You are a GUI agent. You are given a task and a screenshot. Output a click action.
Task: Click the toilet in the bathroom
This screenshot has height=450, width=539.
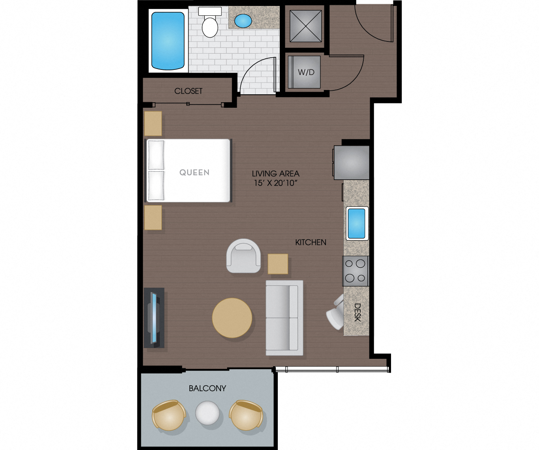[x=210, y=24]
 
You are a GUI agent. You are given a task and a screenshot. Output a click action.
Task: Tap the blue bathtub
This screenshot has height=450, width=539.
[x=168, y=41]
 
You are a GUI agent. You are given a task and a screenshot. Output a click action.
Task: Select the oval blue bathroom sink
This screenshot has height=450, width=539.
[x=243, y=21]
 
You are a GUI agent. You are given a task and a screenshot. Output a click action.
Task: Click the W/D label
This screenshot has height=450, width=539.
[x=306, y=72]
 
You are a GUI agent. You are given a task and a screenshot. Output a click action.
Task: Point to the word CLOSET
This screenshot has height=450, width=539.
[x=188, y=91]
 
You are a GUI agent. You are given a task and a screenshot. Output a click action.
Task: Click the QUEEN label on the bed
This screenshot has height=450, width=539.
[x=194, y=172]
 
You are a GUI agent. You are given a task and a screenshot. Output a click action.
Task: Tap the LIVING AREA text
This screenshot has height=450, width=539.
[x=275, y=173]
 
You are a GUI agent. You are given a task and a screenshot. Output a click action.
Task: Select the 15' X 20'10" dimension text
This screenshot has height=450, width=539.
[x=275, y=183]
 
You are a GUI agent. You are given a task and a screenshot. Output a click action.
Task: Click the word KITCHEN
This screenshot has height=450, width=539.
[x=311, y=242]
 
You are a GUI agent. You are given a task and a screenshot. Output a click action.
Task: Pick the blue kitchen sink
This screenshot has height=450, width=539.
[x=357, y=223]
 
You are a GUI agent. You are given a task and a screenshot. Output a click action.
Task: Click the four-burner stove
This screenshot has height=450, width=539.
[x=355, y=271]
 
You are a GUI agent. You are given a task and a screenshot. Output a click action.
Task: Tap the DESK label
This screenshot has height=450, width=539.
[x=357, y=312]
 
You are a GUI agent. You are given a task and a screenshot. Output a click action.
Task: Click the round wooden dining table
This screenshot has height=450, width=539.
[x=232, y=318]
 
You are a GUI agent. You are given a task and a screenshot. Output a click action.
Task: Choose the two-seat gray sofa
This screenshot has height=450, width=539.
[x=284, y=318]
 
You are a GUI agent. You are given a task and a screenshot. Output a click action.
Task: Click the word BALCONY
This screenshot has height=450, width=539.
[x=207, y=388]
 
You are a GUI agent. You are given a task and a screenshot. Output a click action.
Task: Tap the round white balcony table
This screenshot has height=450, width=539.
[x=208, y=413]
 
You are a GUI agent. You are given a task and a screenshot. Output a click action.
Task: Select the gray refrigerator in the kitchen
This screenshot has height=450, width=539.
[x=352, y=162]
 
